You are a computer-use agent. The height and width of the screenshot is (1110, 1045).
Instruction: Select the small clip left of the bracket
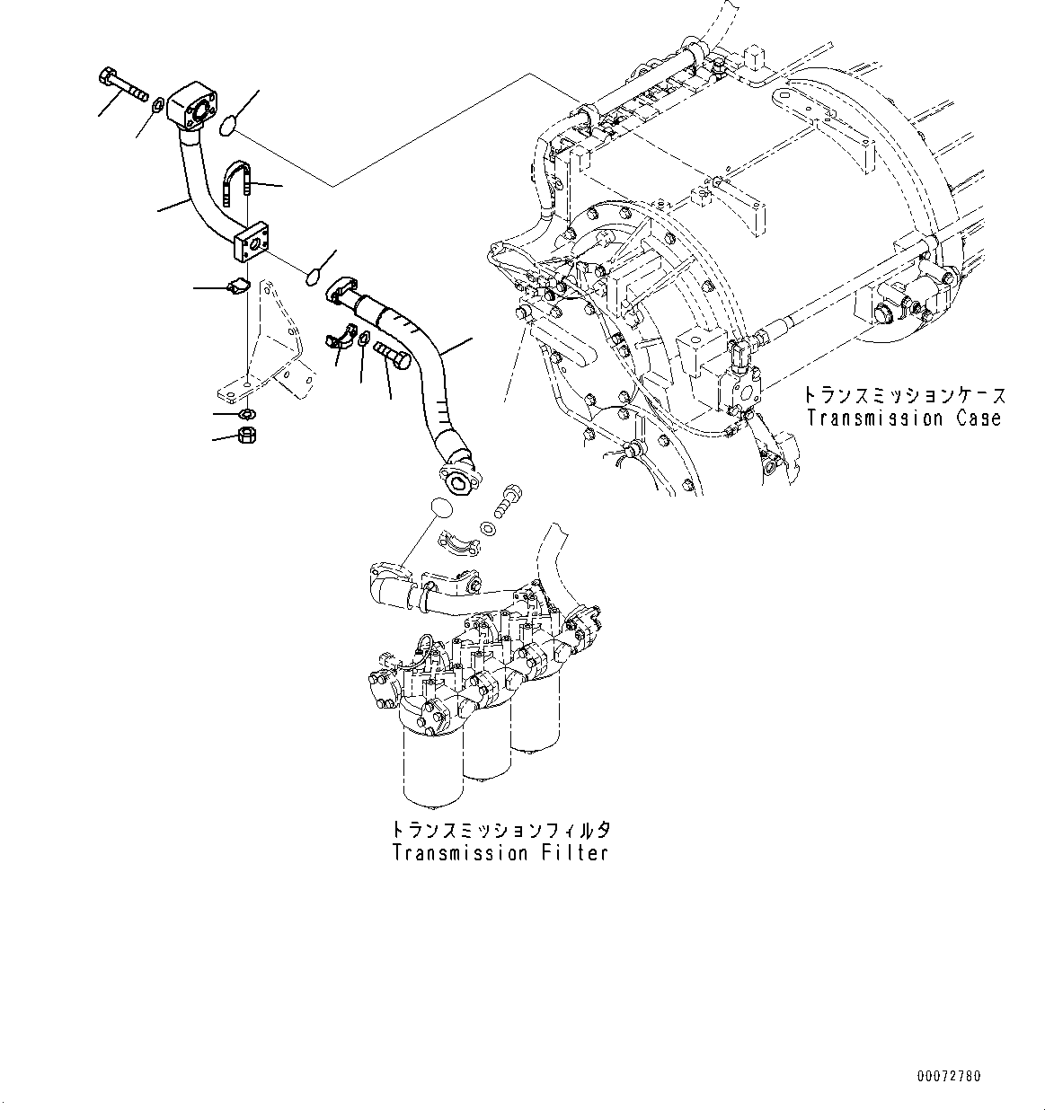(x=238, y=287)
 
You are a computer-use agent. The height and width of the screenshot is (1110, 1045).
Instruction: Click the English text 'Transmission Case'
(x=903, y=418)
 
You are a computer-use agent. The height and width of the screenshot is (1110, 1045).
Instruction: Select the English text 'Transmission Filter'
(x=500, y=853)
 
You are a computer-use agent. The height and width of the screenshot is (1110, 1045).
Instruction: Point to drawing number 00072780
(x=949, y=1075)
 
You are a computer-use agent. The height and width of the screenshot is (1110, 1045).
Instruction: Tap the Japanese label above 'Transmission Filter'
(x=500, y=829)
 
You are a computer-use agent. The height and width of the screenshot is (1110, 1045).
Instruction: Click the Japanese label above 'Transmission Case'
(x=903, y=395)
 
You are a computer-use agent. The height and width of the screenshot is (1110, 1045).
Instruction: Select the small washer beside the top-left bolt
(x=157, y=105)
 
